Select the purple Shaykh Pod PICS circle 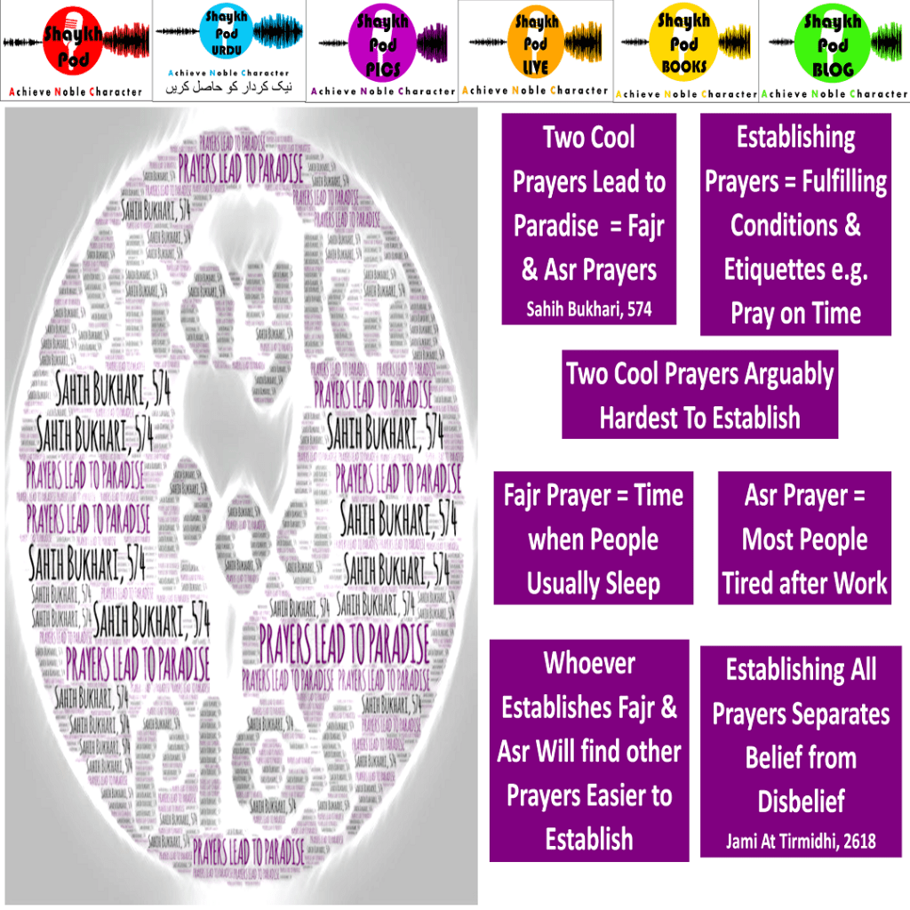(x=383, y=44)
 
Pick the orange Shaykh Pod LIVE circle (x=536, y=44)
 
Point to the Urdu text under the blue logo (x=229, y=89)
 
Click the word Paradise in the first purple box (x=556, y=226)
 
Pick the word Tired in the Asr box (x=748, y=583)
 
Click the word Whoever (x=589, y=663)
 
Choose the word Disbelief (x=801, y=802)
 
